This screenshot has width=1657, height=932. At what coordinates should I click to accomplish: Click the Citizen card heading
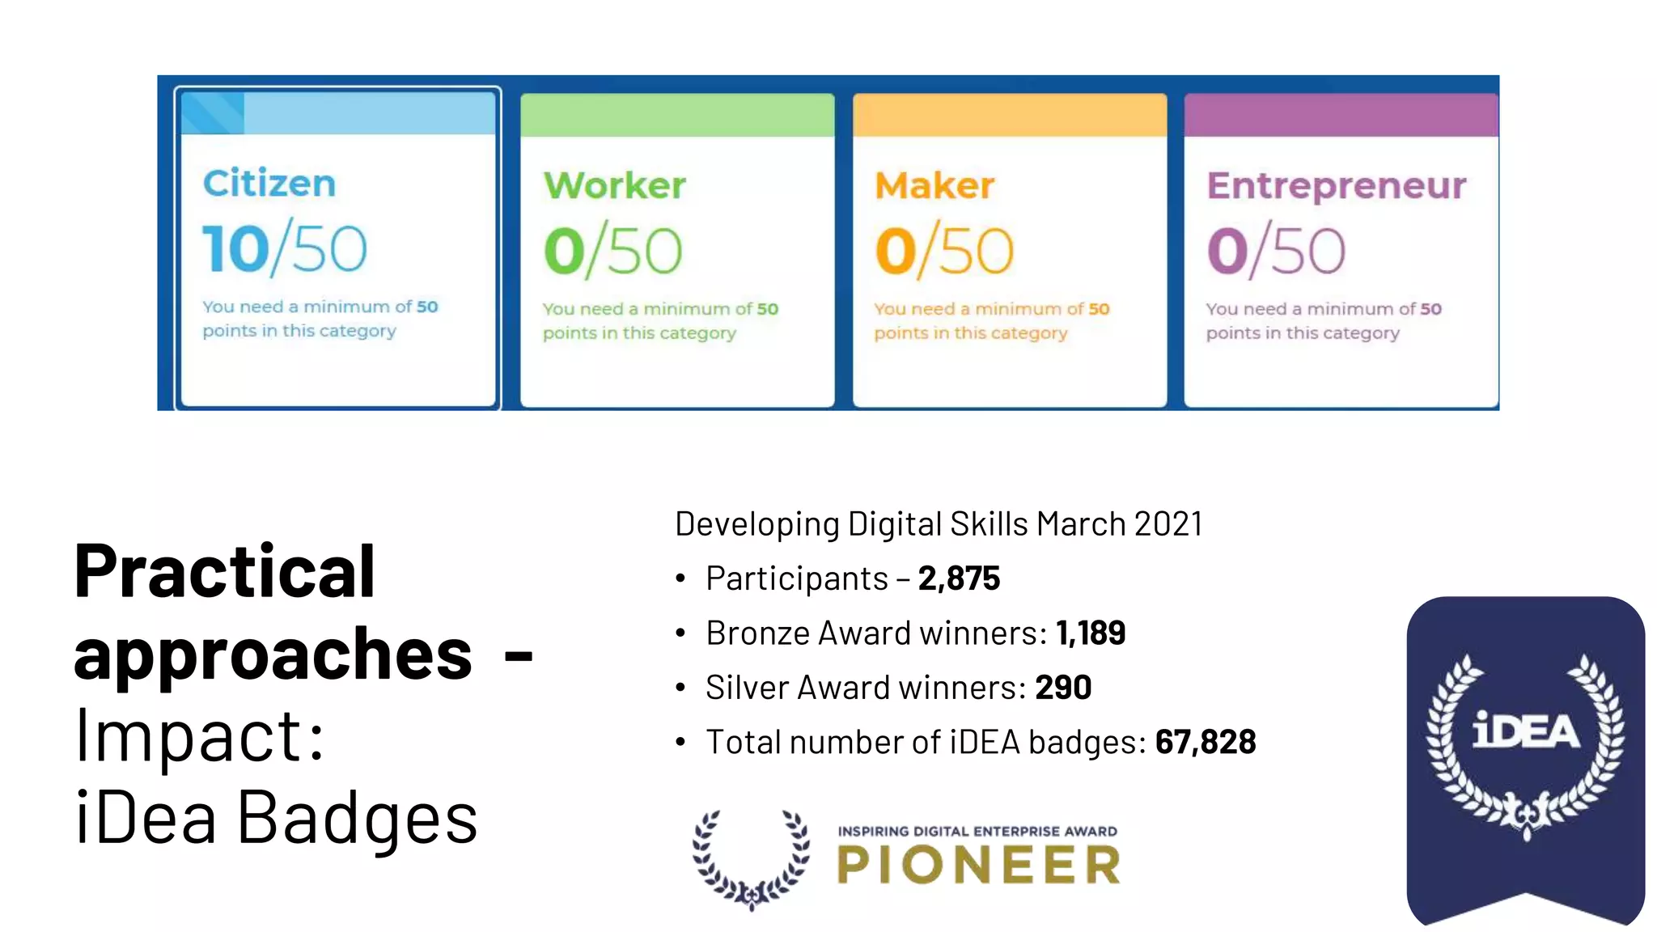click(269, 184)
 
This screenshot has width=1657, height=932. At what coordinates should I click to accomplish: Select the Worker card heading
click(614, 186)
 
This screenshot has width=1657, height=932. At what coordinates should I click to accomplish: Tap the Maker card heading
click(934, 186)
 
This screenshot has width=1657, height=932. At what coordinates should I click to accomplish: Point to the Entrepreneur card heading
click(1336, 186)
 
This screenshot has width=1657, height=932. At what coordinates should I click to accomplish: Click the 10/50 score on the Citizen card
click(284, 249)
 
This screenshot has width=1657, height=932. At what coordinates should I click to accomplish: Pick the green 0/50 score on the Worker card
click(612, 252)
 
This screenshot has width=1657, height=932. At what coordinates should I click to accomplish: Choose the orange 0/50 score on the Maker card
click(943, 252)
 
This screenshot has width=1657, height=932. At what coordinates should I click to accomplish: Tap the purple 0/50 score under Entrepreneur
click(1276, 252)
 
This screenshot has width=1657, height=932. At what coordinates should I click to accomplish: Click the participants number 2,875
click(959, 578)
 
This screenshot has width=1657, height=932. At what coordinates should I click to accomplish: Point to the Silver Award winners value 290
click(1063, 688)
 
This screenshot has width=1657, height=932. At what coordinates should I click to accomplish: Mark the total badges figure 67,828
click(1206, 742)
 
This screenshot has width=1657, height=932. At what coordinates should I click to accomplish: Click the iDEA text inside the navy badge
click(1525, 731)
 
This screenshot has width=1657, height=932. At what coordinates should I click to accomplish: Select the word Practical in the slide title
click(224, 571)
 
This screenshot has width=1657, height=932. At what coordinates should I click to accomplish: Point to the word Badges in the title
click(357, 819)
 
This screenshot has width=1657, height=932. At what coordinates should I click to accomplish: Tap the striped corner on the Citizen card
click(213, 113)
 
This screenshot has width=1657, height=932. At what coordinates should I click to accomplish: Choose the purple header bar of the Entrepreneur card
click(1341, 115)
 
